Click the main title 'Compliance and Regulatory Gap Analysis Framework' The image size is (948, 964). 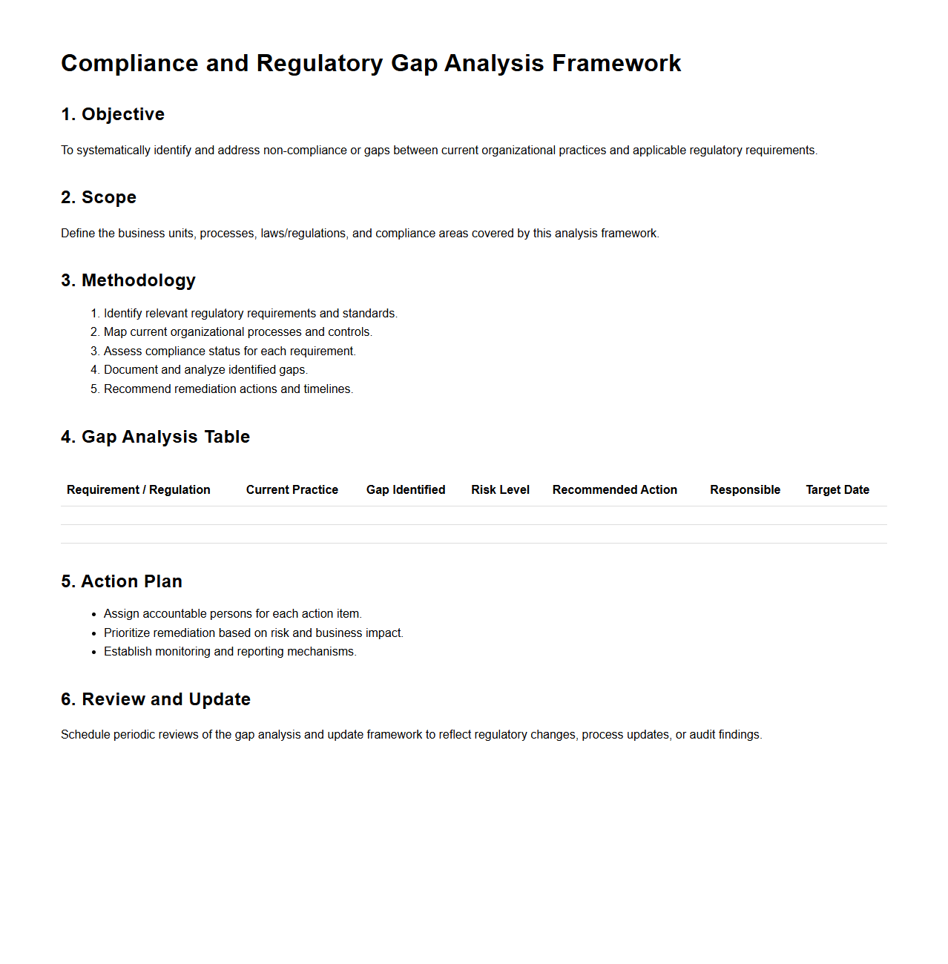pyautogui.click(x=371, y=64)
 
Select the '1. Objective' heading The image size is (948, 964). pyautogui.click(x=113, y=114)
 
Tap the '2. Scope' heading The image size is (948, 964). pyautogui.click(x=99, y=197)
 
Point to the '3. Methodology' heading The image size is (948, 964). pyautogui.click(x=128, y=280)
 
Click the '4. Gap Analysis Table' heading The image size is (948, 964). pyautogui.click(x=155, y=437)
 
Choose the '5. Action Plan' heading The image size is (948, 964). pyautogui.click(x=122, y=581)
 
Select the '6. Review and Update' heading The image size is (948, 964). pyautogui.click(x=156, y=699)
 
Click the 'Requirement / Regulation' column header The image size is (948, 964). pyautogui.click(x=139, y=489)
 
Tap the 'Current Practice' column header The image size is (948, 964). pyautogui.click(x=292, y=489)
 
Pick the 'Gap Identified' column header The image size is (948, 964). pyautogui.click(x=406, y=489)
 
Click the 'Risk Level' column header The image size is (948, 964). pyautogui.click(x=500, y=489)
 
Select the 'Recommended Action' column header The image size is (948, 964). pyautogui.click(x=615, y=489)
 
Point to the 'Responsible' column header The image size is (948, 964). pyautogui.click(x=745, y=489)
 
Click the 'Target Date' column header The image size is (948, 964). pyautogui.click(x=837, y=489)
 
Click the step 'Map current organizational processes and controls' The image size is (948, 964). pyautogui.click(x=237, y=332)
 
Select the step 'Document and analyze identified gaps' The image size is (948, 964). pyautogui.click(x=205, y=370)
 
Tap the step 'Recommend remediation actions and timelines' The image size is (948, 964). pyautogui.click(x=228, y=389)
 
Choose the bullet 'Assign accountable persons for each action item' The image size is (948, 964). pyautogui.click(x=232, y=614)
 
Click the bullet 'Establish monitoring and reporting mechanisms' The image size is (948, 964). pyautogui.click(x=230, y=652)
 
